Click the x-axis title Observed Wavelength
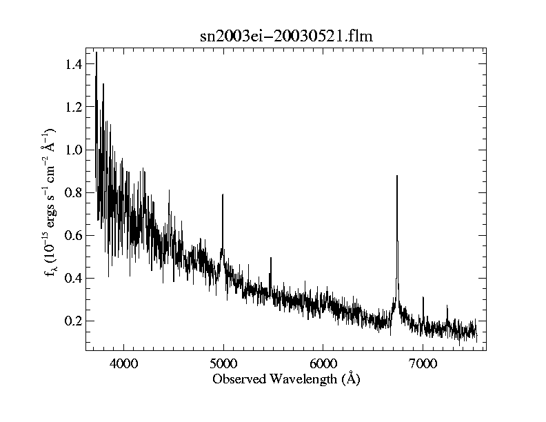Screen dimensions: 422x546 pos(286,379)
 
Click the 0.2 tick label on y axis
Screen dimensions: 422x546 pos(72,321)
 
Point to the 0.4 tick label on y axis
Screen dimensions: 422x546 pos(72,279)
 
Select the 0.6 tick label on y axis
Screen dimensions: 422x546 pos(72,236)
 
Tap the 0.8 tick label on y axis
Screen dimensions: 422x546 pos(72,193)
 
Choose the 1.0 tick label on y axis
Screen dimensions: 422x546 pos(72,150)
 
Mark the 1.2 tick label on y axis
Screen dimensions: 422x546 pos(72,108)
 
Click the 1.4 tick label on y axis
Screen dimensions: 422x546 pos(72,65)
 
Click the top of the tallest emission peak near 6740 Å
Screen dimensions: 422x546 pos(396,176)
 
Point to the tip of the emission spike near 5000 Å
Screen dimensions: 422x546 pos(223,194)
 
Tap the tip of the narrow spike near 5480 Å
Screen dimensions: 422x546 pos(270,258)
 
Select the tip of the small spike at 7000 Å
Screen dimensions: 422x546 pos(423,297)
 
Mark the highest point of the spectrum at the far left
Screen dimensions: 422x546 pos(96,52)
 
